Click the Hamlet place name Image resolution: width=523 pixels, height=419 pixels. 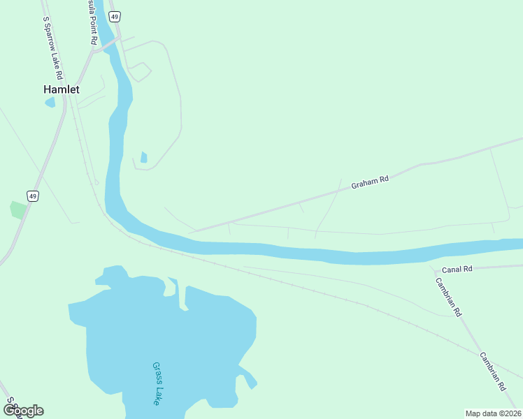point(62,89)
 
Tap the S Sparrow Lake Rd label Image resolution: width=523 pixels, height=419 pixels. point(53,47)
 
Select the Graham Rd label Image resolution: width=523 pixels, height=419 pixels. point(370,182)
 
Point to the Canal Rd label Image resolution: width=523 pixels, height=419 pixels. point(458,269)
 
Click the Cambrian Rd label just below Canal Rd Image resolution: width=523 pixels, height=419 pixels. point(449,297)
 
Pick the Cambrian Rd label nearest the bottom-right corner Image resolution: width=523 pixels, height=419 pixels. point(492,371)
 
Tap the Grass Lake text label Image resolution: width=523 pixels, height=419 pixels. point(157,383)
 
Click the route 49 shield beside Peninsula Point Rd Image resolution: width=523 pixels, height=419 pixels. point(115,16)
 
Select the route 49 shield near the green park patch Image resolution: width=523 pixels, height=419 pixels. point(32,196)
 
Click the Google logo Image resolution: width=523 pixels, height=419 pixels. point(23,410)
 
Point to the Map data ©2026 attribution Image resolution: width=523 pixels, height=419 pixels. point(492,413)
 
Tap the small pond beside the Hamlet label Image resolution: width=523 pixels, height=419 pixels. point(50,103)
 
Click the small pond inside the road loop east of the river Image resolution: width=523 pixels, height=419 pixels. point(144,157)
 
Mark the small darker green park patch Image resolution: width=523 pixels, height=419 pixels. point(17,209)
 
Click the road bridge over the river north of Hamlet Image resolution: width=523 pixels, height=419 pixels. point(108,43)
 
